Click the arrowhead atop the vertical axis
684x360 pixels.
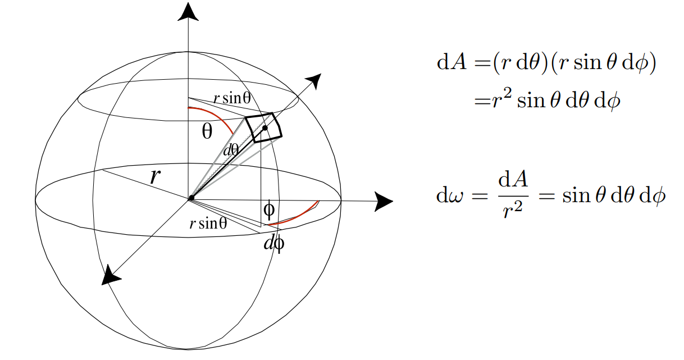pyautogui.click(x=188, y=12)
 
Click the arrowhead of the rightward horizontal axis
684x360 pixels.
pyautogui.click(x=384, y=201)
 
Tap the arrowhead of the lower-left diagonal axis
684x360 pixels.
pyautogui.click(x=111, y=275)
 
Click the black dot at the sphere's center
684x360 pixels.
pyautogui.click(x=191, y=198)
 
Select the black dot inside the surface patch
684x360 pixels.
pyautogui.click(x=265, y=128)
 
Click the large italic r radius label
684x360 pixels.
pyautogui.click(x=156, y=176)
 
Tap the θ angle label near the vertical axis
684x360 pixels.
pyautogui.click(x=207, y=132)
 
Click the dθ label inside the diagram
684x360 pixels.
pyautogui.click(x=231, y=150)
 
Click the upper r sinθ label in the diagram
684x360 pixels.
pyautogui.click(x=231, y=98)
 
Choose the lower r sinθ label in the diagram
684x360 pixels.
pyautogui.click(x=208, y=224)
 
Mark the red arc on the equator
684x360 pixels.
pyautogui.click(x=293, y=216)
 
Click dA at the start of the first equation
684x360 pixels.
pyautogui.click(x=451, y=62)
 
